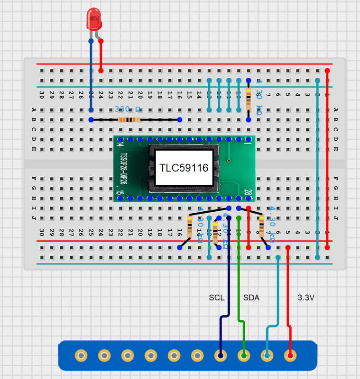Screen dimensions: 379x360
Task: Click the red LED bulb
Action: pyautogui.click(x=93, y=20)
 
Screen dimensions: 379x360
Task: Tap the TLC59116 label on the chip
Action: pyautogui.click(x=184, y=168)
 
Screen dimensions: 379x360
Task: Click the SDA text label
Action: pyautogui.click(x=251, y=298)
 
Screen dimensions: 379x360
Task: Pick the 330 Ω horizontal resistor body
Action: pyautogui.click(x=129, y=120)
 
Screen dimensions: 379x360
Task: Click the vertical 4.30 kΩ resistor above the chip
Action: pyautogui.click(x=248, y=100)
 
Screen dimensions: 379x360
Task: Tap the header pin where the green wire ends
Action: pyautogui.click(x=244, y=355)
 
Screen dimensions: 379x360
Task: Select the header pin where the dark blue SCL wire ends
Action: pyautogui.click(x=220, y=355)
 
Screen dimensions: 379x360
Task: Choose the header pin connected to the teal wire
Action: pyautogui.click(x=267, y=355)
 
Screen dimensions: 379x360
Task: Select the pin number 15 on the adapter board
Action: pyautogui.click(x=119, y=192)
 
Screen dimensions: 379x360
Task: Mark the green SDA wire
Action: pyautogui.click(x=239, y=275)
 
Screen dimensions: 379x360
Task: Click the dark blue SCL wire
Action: pyautogui.click(x=229, y=275)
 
